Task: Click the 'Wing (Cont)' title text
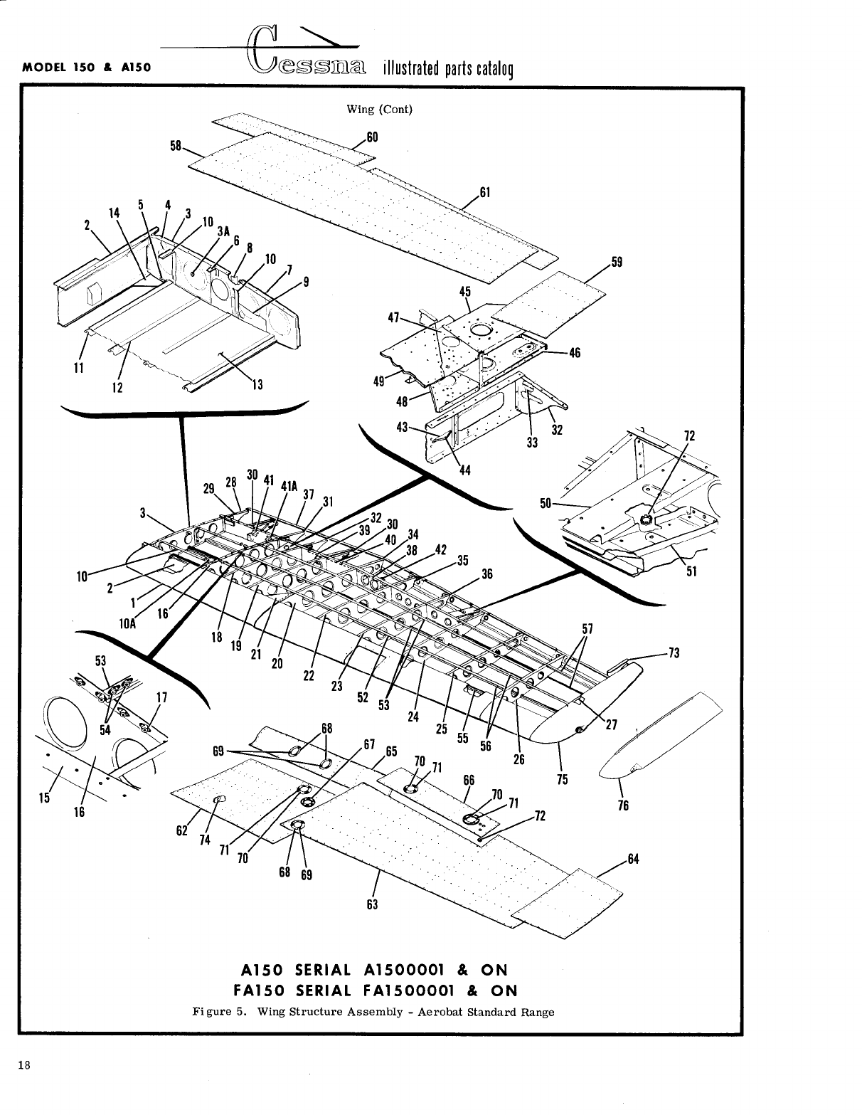[379, 109]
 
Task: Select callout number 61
[486, 191]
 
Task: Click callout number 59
[617, 261]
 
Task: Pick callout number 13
[257, 385]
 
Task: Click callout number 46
[575, 352]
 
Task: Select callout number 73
[674, 652]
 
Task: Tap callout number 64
[633, 859]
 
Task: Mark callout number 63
[372, 904]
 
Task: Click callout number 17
[161, 698]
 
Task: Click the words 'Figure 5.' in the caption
[220, 1012]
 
